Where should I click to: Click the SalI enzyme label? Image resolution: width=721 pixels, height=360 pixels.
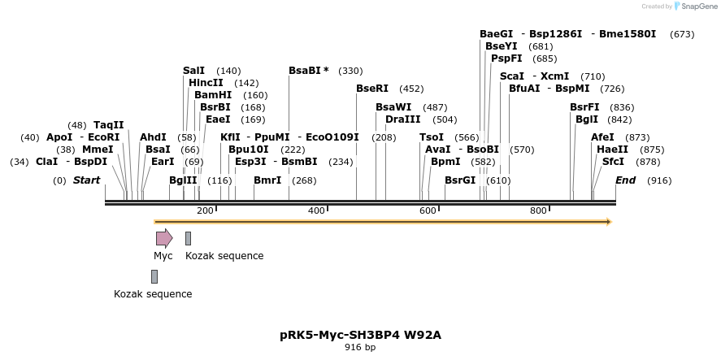[x=193, y=71]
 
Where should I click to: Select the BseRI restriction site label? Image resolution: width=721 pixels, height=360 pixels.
[x=372, y=89]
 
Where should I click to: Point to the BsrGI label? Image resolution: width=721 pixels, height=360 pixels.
[x=460, y=180]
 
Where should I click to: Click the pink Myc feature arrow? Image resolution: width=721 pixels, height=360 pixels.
[x=164, y=238]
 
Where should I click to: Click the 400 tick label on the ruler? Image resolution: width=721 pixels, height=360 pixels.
[x=316, y=211]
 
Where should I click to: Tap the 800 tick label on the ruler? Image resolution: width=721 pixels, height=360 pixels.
[x=538, y=211]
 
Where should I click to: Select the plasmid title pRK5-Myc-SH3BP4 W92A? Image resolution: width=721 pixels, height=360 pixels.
[x=360, y=335]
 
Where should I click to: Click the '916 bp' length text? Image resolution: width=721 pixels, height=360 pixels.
[x=360, y=348]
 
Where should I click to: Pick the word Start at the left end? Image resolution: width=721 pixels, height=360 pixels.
[x=86, y=180]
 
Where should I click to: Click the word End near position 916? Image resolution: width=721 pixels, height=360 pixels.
[x=625, y=180]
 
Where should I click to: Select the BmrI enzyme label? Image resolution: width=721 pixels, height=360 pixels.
[x=267, y=180]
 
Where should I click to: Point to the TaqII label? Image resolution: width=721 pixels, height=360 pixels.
[x=108, y=125]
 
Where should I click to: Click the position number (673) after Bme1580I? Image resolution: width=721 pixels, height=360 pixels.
[x=682, y=34]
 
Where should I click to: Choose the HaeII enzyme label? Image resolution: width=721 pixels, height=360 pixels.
[x=612, y=150]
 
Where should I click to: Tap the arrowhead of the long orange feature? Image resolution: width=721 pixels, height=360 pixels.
[x=607, y=222]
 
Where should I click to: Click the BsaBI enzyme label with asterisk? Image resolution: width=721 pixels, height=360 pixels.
[x=309, y=71]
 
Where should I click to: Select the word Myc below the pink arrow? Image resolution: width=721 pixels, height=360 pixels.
[x=163, y=256]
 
